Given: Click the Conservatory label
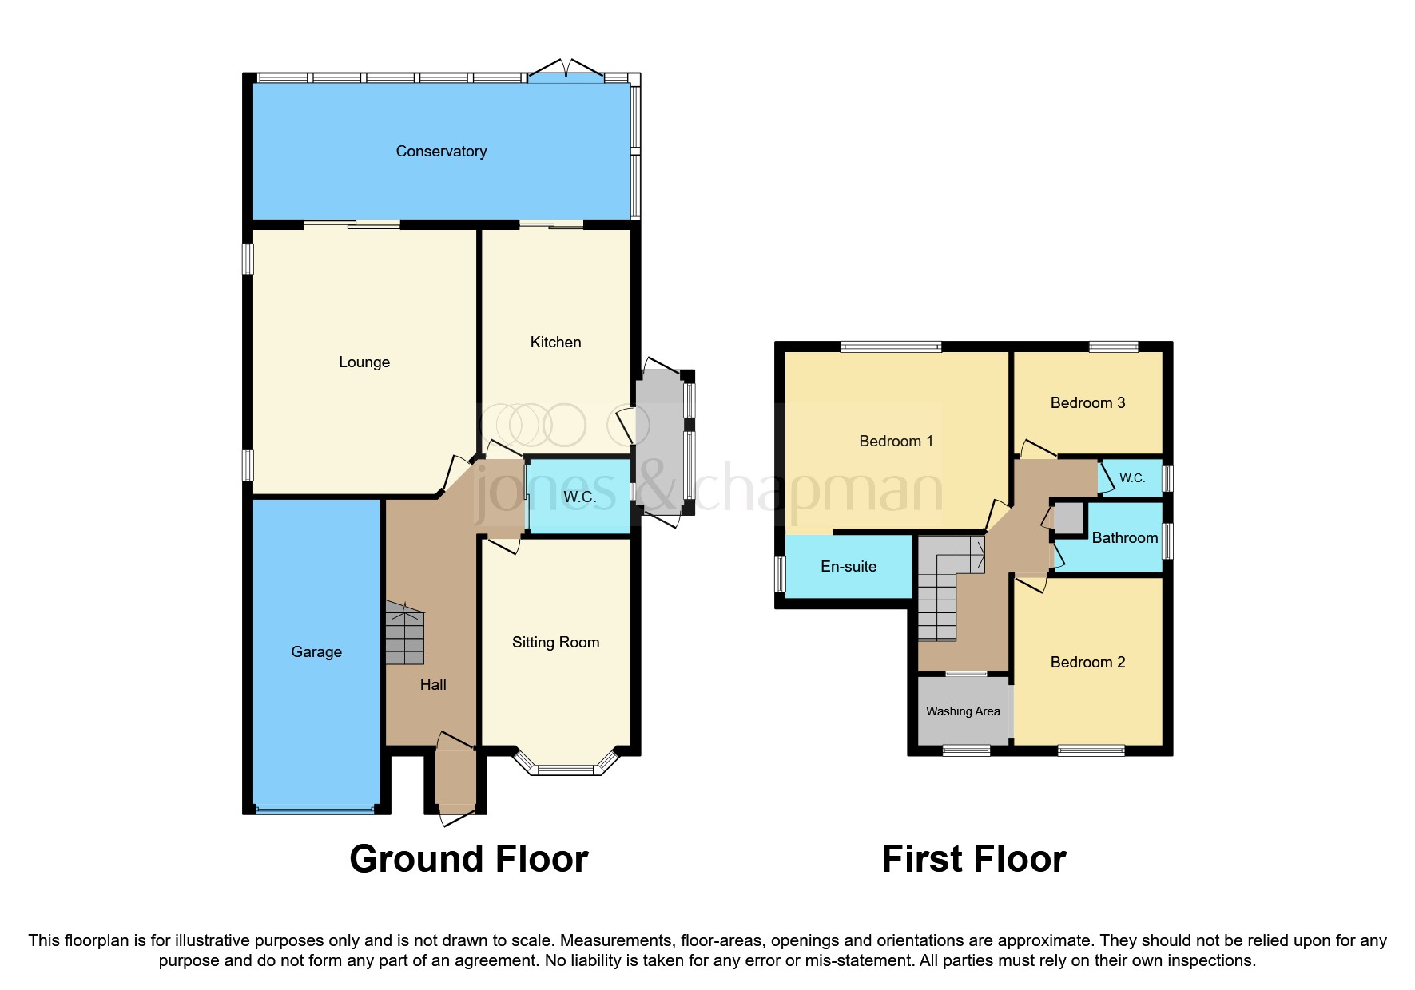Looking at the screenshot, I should click(x=441, y=152).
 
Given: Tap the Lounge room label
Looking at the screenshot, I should click(x=364, y=362).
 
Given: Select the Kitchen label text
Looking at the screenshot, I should click(x=555, y=343).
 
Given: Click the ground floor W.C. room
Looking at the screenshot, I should click(x=579, y=497).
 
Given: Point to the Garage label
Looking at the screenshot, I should click(x=316, y=652).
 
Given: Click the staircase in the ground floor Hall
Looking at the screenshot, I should click(x=405, y=634).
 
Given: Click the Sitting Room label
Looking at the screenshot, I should click(x=555, y=643).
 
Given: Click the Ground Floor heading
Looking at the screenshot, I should click(x=469, y=860).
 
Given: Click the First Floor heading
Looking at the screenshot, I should click(x=974, y=860).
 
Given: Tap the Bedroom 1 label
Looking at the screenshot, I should click(x=896, y=442).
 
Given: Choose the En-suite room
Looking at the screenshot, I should click(x=849, y=567).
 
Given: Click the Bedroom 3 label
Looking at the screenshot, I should click(x=1087, y=403).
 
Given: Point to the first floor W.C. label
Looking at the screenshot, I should click(x=1132, y=478).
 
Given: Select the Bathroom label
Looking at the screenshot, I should click(x=1124, y=538).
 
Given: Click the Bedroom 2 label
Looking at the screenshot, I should click(x=1087, y=663).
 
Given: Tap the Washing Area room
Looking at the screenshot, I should click(x=963, y=711).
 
